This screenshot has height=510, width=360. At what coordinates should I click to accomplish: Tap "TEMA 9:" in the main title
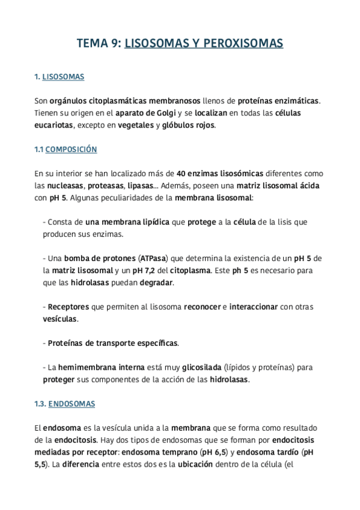coord(99,43)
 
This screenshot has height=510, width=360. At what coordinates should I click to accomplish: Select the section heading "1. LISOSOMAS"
coord(59,77)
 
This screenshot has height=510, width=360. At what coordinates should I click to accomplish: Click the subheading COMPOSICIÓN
coord(71,149)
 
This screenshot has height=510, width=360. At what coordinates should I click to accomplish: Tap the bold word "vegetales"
coord(135,125)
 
